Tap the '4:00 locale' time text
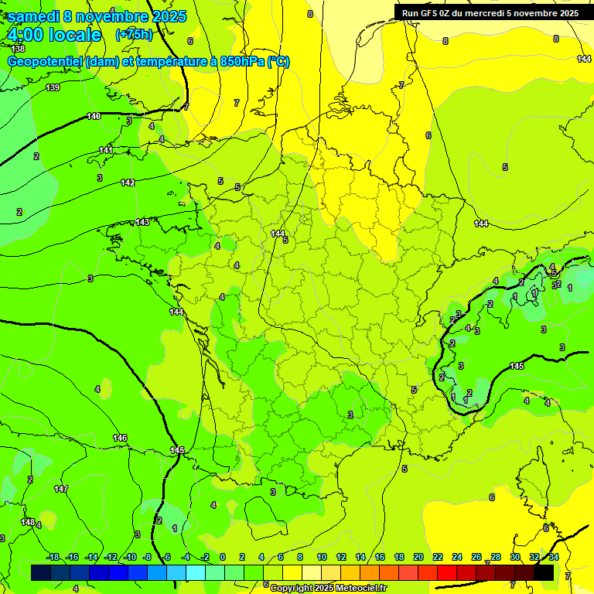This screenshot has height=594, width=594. pyautogui.click(x=54, y=35)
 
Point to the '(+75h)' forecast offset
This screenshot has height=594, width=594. pyautogui.click(x=134, y=35)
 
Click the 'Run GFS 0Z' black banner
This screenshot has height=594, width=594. pyautogui.click(x=490, y=12)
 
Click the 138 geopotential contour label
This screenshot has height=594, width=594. pyautogui.click(x=18, y=49)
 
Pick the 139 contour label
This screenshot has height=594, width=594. pyautogui.click(x=53, y=87)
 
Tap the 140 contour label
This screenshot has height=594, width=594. pyautogui.click(x=94, y=116)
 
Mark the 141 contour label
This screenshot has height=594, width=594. pyautogui.click(x=106, y=150)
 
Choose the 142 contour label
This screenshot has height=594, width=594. pyautogui.click(x=128, y=183)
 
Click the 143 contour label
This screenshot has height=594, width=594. pyautogui.click(x=142, y=222)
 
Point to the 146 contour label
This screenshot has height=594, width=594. pyautogui.click(x=120, y=439)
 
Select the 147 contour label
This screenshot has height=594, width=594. pyautogui.click(x=61, y=490)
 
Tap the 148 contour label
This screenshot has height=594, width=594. pyautogui.click(x=28, y=523)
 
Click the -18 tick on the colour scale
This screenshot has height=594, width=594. pyautogui.click(x=53, y=557)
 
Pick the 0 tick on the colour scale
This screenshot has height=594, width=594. pyautogui.click(x=222, y=557)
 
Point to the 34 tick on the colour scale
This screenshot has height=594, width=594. pyautogui.click(x=555, y=557)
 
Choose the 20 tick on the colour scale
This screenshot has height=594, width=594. pyautogui.click(x=418, y=557)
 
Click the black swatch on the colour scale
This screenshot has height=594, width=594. pyautogui.click(x=544, y=572)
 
